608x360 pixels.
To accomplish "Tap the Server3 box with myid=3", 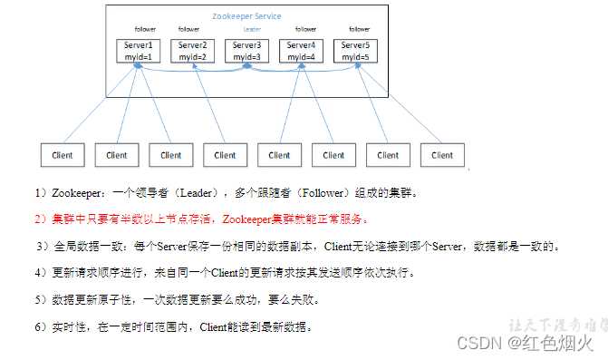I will (x=246, y=51).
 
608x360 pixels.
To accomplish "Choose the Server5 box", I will (x=354, y=51).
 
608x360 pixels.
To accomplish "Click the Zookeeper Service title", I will (x=246, y=16).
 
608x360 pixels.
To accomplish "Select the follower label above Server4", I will (x=306, y=29).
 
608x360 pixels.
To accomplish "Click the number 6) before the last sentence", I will (x=40, y=326).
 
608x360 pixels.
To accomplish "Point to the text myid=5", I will (x=354, y=56).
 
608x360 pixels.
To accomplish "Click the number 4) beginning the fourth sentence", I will (x=40, y=272).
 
